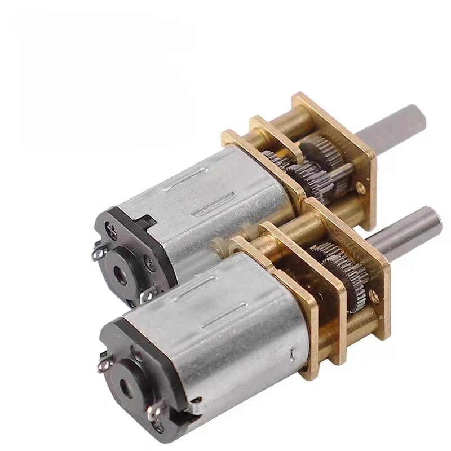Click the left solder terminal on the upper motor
pos(97,254)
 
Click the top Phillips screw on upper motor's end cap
pos(110,230)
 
